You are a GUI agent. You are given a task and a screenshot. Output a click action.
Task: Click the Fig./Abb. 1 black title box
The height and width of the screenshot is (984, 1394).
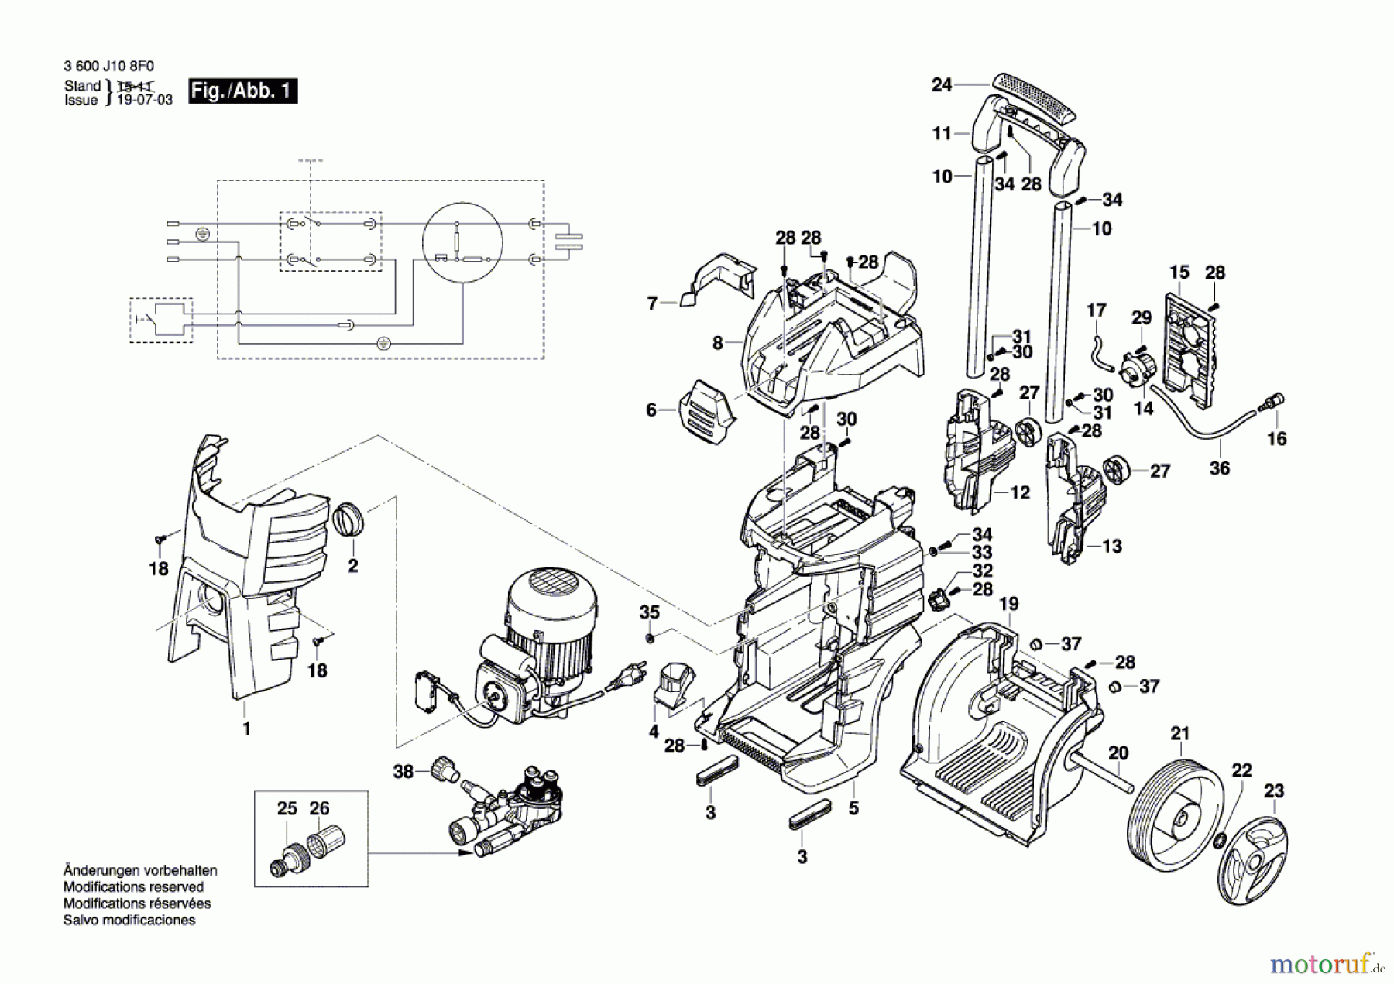pos(242,91)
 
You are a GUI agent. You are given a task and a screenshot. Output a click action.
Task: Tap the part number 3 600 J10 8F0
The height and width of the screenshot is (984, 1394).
pos(108,67)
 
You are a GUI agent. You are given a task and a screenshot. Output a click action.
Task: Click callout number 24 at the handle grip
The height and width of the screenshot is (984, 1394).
pos(941,84)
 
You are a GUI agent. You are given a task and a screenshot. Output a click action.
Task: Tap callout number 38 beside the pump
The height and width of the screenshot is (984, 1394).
pos(403,771)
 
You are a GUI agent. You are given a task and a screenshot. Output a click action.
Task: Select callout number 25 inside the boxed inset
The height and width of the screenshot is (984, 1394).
pos(287,808)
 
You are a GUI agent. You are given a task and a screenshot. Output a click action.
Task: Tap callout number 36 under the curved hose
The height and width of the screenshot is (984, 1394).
pos(1219,468)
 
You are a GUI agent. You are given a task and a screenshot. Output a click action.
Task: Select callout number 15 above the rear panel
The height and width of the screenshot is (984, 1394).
pos(1179,273)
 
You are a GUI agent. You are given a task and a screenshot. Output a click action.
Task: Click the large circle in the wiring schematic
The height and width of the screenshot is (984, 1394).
pos(462,243)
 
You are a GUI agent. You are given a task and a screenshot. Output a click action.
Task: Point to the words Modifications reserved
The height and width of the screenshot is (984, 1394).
pos(133,887)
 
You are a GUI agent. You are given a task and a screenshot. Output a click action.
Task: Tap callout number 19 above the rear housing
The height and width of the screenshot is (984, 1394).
pos(1008,604)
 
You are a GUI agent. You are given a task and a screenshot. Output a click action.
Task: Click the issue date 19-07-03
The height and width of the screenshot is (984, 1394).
pos(144,101)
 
